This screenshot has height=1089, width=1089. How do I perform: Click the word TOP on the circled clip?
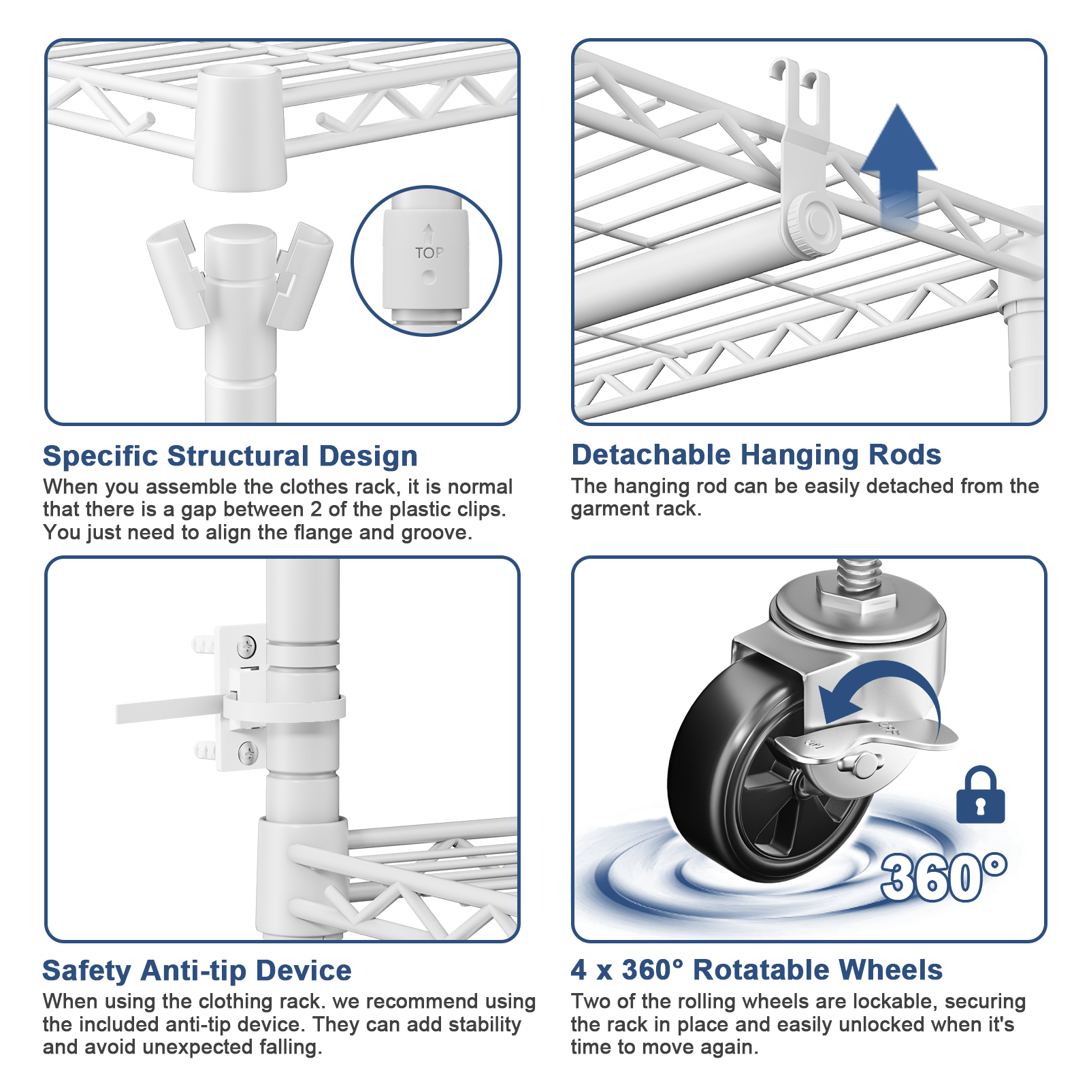coord(429,253)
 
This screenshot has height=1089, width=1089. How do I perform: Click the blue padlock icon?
coord(980,796)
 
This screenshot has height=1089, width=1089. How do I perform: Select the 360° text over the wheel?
coord(943,878)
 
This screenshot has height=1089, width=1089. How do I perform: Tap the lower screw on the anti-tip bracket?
coord(248,752)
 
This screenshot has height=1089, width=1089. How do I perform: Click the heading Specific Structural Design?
coord(230,456)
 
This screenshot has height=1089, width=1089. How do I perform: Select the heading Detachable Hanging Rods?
coord(755,455)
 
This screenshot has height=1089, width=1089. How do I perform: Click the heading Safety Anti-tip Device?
coord(197,971)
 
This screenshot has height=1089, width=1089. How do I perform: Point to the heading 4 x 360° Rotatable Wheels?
coord(756,970)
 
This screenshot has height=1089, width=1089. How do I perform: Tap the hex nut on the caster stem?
coord(856,600)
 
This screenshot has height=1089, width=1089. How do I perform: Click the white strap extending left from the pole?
coord(170,711)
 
